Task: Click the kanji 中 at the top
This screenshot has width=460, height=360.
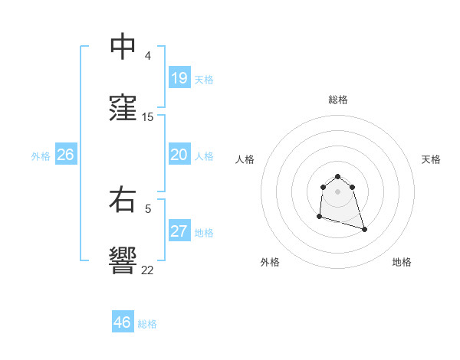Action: coord(122,47)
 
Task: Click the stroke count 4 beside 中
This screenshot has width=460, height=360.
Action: coord(148,56)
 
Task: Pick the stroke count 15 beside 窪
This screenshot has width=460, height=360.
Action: coord(148,116)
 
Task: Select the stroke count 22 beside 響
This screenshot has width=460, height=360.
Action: coord(148,269)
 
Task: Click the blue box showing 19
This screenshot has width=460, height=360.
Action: coord(179,78)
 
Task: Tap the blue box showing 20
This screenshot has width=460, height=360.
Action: coord(179,155)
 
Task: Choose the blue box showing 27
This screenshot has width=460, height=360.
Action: coord(179,231)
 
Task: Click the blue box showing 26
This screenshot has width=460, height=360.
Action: coord(65,155)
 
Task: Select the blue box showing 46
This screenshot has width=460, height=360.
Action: coord(122,322)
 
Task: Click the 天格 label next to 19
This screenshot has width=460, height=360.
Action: coord(204,79)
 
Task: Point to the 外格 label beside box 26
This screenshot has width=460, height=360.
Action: coord(41,155)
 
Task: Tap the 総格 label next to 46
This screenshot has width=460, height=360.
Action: coord(147,323)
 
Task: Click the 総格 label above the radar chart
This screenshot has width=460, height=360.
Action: coord(338,100)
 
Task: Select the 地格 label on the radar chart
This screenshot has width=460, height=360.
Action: coord(402,262)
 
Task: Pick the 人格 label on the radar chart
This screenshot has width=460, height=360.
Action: coord(245,159)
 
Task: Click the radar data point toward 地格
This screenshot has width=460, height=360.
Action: coord(364,229)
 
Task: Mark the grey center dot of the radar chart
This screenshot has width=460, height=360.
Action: coord(338,191)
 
